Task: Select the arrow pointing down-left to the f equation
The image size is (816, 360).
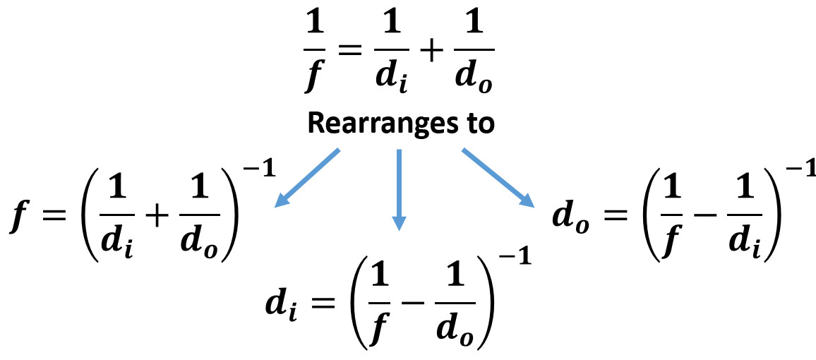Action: click(308, 178)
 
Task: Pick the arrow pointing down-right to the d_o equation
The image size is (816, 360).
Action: click(498, 178)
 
